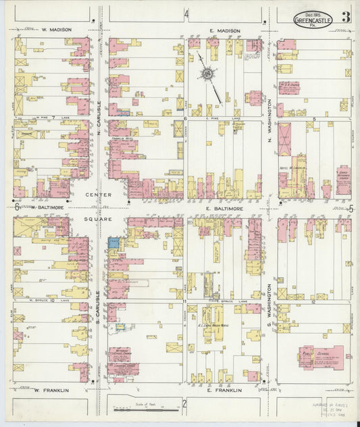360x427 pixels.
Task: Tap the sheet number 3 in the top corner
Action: (x=345, y=18)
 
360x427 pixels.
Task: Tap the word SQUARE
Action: (x=97, y=220)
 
